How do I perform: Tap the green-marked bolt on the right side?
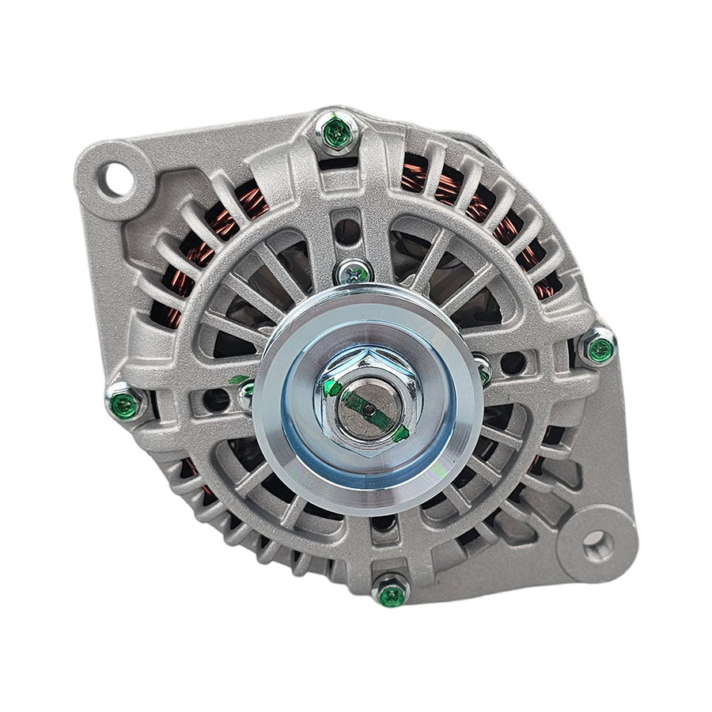[599, 347]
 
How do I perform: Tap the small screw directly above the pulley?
[354, 273]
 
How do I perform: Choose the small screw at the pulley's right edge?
[483, 369]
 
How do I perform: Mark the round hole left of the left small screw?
[215, 400]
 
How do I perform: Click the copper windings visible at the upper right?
[467, 198]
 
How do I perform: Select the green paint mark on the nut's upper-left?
[332, 388]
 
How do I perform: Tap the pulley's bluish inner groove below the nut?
[360, 475]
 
